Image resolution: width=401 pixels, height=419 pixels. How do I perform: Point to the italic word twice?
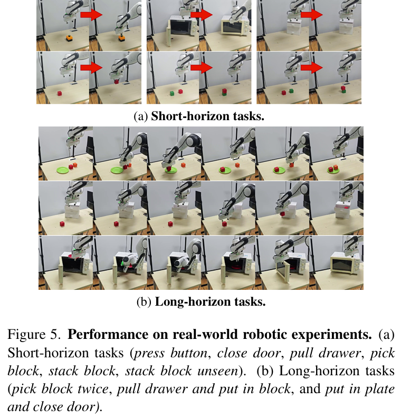click(x=102, y=387)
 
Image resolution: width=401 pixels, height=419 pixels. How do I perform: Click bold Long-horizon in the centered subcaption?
click(x=184, y=302)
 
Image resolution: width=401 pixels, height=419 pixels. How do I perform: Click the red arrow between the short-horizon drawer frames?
click(x=311, y=15)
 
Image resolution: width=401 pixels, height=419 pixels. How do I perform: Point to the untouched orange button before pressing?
click(x=69, y=38)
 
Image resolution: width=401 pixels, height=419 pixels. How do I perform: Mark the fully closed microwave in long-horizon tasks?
click(x=343, y=262)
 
